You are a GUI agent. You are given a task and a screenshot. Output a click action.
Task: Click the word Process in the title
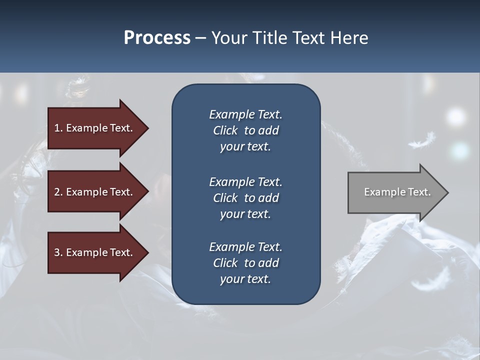[157, 38]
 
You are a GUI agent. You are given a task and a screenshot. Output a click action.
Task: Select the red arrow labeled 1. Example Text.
[95, 128]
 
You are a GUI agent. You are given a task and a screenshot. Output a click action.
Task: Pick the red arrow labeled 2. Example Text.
[95, 192]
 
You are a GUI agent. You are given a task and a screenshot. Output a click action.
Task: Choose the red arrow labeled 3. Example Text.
[95, 252]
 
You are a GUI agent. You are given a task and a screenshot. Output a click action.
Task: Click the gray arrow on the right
[395, 192]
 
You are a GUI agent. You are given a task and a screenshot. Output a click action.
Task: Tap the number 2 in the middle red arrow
[57, 192]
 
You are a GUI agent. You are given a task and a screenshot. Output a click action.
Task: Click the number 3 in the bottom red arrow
[57, 252]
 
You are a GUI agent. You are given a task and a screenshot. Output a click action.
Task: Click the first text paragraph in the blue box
[245, 130]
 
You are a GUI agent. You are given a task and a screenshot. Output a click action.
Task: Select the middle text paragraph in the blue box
[245, 198]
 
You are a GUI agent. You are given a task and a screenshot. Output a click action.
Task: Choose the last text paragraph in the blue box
[245, 263]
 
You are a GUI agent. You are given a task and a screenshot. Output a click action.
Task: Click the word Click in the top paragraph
[225, 130]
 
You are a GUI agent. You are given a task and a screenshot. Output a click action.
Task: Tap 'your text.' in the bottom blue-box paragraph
[245, 279]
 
